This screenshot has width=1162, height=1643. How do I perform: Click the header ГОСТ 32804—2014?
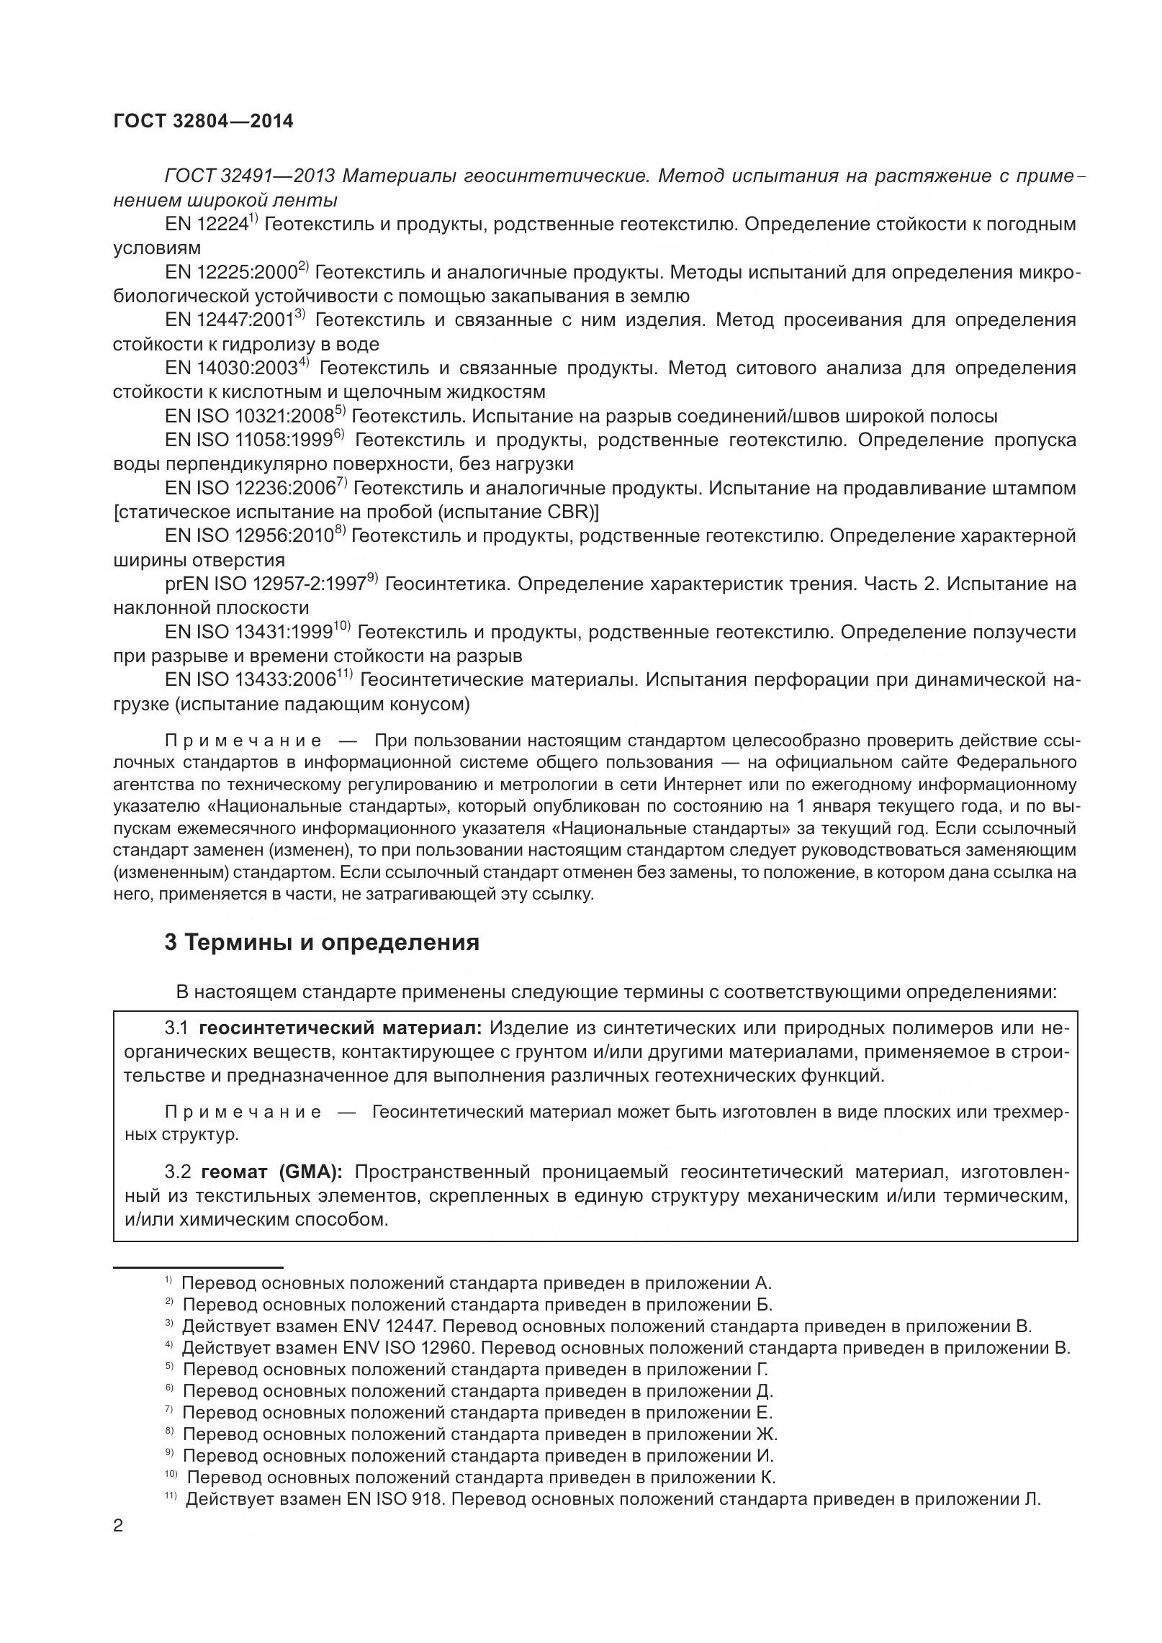pyautogui.click(x=203, y=122)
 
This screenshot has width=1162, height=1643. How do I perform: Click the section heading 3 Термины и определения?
pyautogui.click(x=322, y=943)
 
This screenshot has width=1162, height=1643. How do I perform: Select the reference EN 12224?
pyautogui.click(x=207, y=225)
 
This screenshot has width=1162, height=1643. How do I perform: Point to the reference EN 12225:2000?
pyautogui.click(x=231, y=273)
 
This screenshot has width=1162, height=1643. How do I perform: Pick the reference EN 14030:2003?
pyautogui.click(x=231, y=368)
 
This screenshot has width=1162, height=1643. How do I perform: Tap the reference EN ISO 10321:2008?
pyautogui.click(x=249, y=417)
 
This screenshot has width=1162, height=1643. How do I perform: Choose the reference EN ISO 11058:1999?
pyautogui.click(x=249, y=440)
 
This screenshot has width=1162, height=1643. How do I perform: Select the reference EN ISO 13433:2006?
pyautogui.click(x=251, y=680)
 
